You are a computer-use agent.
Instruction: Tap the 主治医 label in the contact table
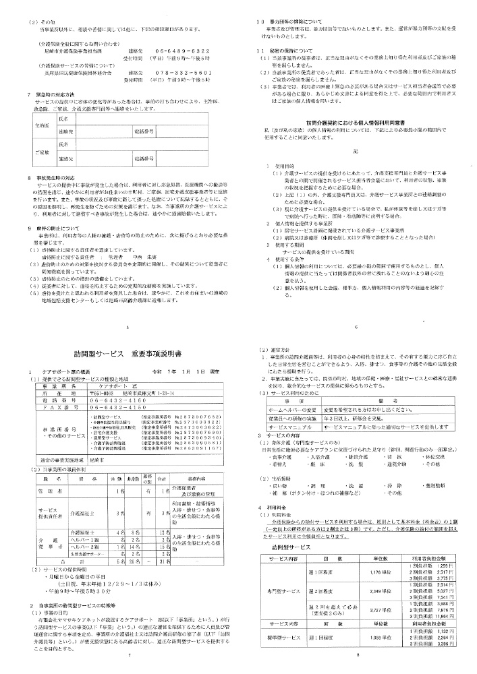pyautogui.click(x=41, y=125)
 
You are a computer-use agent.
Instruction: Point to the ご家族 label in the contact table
pyautogui.click(x=41, y=152)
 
